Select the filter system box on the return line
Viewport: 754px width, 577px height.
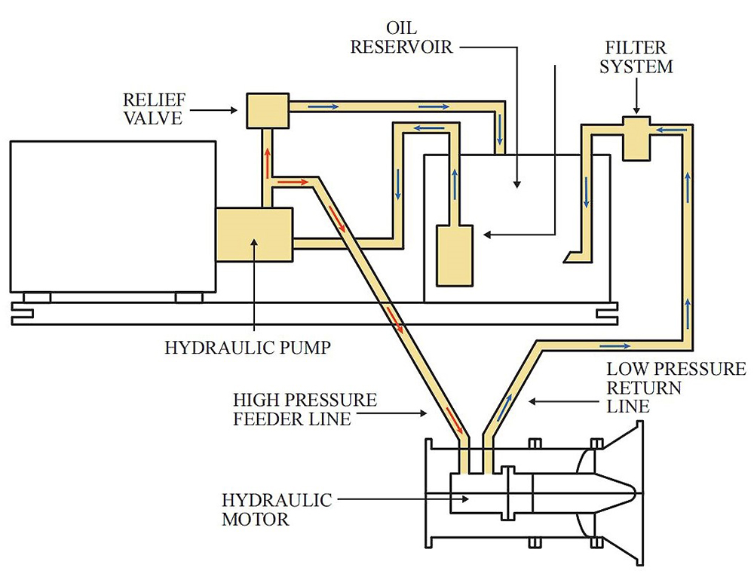pyautogui.click(x=636, y=138)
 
